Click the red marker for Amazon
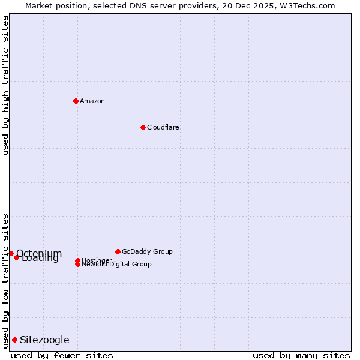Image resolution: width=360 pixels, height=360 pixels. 76,101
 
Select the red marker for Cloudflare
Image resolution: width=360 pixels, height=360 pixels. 143,127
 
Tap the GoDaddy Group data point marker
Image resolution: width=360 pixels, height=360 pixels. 118,251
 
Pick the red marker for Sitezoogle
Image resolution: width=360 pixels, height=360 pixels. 14,340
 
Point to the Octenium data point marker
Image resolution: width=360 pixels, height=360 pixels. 11,254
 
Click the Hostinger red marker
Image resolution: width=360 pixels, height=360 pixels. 78,260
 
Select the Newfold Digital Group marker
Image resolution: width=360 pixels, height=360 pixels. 78,265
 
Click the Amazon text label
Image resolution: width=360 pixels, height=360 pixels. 92,101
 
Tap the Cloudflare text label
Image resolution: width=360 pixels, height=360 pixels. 163,127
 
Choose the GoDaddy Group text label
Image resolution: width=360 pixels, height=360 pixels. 147,251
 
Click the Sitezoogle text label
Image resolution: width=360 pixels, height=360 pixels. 44,340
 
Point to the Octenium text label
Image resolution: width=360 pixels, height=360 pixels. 39,253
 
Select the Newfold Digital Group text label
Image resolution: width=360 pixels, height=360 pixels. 117,265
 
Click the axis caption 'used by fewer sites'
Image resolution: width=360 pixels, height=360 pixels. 62,355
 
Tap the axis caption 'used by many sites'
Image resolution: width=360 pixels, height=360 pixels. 301,355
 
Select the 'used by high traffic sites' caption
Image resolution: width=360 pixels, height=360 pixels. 6,85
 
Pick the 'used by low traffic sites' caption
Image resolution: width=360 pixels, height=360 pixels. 6,281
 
